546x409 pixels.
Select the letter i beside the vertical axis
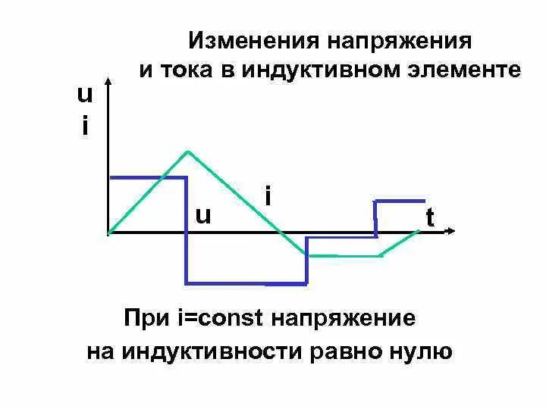pos(84,125)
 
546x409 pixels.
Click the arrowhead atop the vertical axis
pos(110,79)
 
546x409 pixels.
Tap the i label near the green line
pos(268,196)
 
